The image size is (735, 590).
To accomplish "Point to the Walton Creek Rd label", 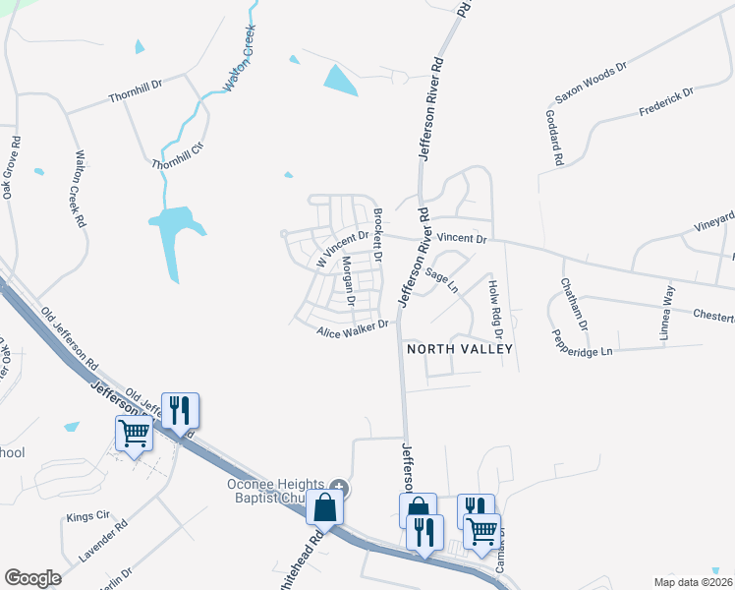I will coord(80,189).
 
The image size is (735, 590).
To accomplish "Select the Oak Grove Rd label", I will coord(12,173).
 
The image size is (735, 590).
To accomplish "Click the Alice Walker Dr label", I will coord(353,328).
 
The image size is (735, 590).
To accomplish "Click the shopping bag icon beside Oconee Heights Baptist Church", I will coord(325,508).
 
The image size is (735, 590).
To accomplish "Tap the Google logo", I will coord(32,578).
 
